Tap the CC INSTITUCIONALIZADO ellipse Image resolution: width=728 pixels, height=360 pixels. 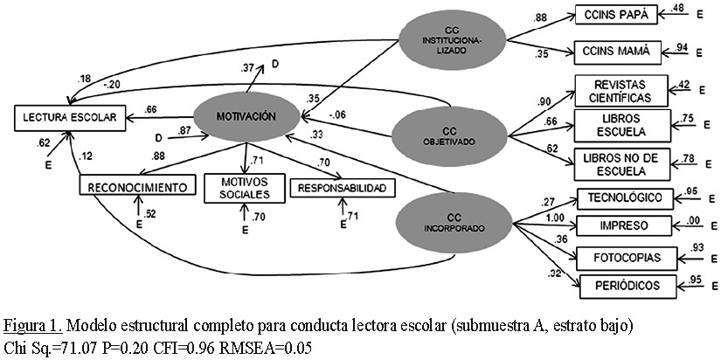pyautogui.click(x=449, y=39)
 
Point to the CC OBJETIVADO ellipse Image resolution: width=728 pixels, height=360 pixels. pyautogui.click(x=449, y=135)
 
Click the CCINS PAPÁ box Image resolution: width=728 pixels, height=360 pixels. pyautogui.click(x=614, y=17)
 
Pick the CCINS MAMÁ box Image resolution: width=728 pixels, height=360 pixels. pyautogui.click(x=614, y=52)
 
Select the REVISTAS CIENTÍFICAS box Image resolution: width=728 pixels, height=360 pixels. pyautogui.click(x=619, y=90)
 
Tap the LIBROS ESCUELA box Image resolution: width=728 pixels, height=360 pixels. pyautogui.click(x=618, y=125)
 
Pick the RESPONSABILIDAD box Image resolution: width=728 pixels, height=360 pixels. pyautogui.click(x=341, y=189)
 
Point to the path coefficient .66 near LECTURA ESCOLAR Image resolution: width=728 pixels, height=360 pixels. pyautogui.click(x=150, y=109)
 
